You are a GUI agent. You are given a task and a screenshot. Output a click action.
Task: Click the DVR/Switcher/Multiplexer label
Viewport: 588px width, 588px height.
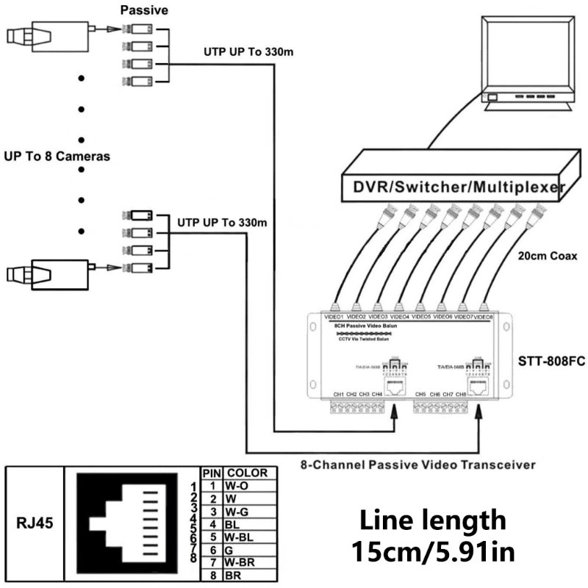point(450,187)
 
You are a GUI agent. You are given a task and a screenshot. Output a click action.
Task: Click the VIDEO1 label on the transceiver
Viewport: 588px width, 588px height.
point(335,317)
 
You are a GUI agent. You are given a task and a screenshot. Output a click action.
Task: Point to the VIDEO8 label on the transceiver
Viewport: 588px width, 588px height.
point(482,317)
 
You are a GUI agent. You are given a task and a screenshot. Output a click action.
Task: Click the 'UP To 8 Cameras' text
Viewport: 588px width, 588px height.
point(57,157)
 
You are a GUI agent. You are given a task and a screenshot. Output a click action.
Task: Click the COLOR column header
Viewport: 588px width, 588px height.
point(247,473)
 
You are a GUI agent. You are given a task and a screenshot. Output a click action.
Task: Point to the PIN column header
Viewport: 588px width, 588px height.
point(212,473)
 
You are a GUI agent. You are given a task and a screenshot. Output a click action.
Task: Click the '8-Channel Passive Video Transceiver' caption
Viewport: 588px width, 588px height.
point(417,464)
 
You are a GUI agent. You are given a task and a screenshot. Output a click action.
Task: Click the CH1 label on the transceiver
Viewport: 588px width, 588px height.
point(339,395)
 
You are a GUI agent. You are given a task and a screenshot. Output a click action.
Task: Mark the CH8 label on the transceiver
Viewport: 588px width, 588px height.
point(461,395)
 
